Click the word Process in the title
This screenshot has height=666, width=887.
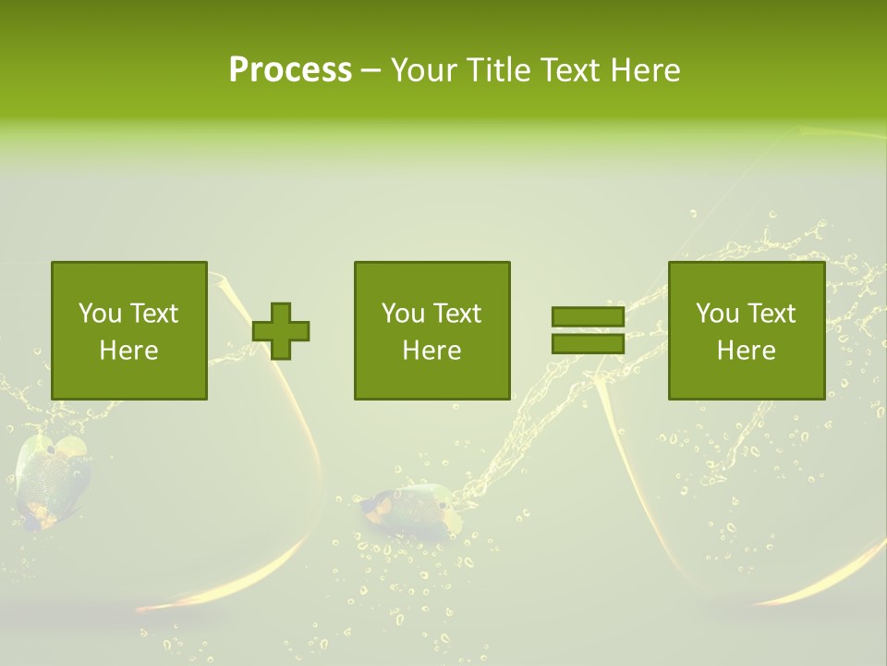click(290, 70)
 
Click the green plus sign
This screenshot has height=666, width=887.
click(281, 331)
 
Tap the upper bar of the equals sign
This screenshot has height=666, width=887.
click(588, 317)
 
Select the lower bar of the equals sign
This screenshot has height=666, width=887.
click(588, 343)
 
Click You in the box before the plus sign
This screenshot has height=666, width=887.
click(100, 314)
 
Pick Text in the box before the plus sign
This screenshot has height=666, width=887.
click(152, 314)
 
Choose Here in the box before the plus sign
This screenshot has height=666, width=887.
click(128, 351)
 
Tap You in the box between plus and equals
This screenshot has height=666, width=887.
click(403, 314)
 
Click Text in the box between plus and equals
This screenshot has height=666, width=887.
click(456, 314)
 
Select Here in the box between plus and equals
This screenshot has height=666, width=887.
click(431, 351)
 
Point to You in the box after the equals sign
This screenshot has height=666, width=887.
click(717, 314)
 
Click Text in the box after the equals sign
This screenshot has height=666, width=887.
click(770, 314)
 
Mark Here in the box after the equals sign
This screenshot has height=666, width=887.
click(746, 351)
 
